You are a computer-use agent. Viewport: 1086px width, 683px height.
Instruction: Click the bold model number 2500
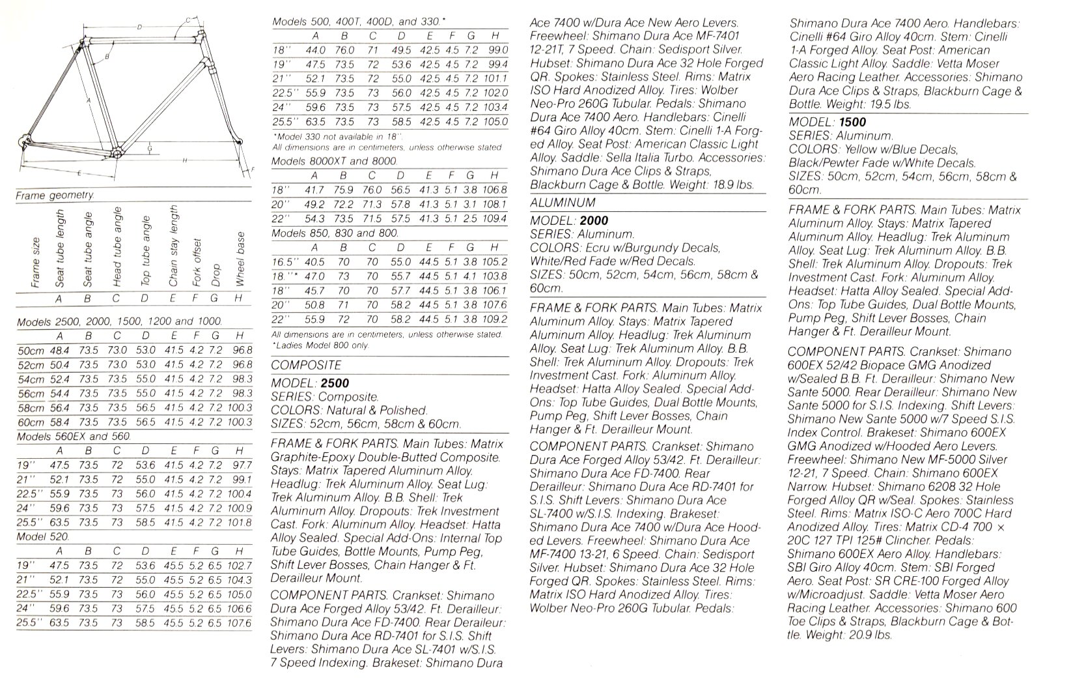click(335, 383)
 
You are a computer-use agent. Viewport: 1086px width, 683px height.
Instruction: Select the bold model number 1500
click(852, 122)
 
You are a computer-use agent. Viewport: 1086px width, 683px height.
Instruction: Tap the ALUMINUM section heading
click(563, 203)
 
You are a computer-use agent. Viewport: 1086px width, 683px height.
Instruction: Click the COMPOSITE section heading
click(305, 365)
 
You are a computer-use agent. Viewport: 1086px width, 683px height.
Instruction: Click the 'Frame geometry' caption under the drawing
click(55, 195)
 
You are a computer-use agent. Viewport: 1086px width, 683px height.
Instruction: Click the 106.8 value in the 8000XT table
click(495, 189)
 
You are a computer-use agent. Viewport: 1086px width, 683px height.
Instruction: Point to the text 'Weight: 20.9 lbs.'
click(847, 635)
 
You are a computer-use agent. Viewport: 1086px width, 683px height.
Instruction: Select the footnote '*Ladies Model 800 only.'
click(320, 345)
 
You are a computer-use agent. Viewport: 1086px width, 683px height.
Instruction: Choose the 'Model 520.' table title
click(43, 536)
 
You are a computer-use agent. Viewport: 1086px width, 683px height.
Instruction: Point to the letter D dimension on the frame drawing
click(139, 27)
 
